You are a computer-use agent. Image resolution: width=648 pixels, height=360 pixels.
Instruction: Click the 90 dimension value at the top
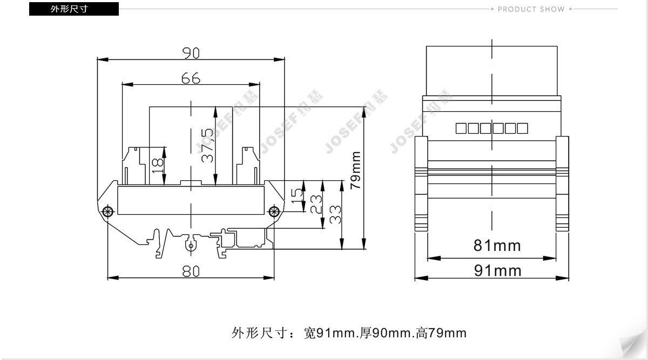point(191,53)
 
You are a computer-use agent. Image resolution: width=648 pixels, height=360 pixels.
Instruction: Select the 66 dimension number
point(191,78)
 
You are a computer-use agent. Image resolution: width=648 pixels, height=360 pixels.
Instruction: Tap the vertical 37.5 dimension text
point(208,145)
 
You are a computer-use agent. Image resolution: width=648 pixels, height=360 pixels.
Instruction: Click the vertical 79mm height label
point(355,171)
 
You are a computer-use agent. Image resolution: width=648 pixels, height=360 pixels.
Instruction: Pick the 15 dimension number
point(297,196)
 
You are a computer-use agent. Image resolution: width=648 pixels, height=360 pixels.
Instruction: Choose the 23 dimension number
point(316,204)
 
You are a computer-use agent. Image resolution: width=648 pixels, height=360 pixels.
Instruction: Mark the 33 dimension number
point(335,215)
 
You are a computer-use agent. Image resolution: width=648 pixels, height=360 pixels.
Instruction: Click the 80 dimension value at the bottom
point(191,271)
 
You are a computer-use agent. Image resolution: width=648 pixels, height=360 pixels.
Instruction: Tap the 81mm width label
point(497,246)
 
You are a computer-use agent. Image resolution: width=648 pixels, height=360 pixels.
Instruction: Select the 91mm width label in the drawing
point(497,271)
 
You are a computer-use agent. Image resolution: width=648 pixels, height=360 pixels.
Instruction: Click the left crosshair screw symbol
point(108,212)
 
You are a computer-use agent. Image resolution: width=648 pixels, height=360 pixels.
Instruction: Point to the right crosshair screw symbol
point(274,212)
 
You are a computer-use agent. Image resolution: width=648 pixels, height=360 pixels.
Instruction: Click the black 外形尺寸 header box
point(74,9)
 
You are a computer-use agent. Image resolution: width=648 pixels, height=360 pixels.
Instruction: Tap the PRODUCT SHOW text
point(531,9)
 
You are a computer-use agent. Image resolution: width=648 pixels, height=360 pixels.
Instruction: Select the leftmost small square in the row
point(461,128)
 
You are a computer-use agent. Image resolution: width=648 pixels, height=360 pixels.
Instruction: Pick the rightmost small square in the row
point(523,128)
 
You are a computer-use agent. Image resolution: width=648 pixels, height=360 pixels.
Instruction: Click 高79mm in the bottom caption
point(441,333)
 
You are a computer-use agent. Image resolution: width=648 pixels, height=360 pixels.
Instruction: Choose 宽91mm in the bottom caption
point(329,333)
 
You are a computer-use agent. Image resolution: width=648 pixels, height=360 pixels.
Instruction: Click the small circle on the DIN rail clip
point(191,246)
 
